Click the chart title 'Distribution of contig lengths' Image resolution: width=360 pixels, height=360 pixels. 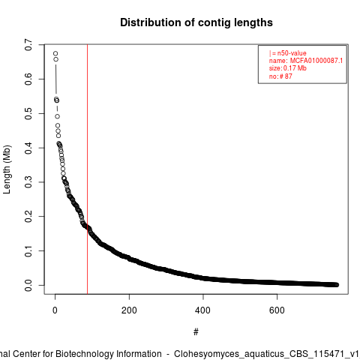pyautogui.click(x=196, y=22)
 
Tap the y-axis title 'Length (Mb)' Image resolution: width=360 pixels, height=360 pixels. pyautogui.click(x=7, y=169)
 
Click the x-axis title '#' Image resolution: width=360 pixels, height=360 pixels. pyautogui.click(x=196, y=332)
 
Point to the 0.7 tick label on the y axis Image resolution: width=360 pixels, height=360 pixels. pyautogui.click(x=28, y=45)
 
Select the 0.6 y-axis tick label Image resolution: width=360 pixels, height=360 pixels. pyautogui.click(x=28, y=79)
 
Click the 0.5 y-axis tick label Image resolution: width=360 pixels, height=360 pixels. pyautogui.click(x=28, y=113)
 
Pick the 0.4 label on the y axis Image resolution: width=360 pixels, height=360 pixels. pyautogui.click(x=28, y=148)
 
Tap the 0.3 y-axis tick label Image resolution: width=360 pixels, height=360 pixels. pyautogui.click(x=28, y=182)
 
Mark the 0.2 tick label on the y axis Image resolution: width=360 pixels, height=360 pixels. pyautogui.click(x=28, y=216)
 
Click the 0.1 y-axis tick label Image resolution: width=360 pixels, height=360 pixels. pyautogui.click(x=28, y=250)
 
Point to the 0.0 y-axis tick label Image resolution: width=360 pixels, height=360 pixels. pyautogui.click(x=28, y=285)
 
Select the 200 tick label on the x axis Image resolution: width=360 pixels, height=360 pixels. pyautogui.click(x=129, y=310)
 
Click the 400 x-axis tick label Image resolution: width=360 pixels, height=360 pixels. pyautogui.click(x=203, y=310)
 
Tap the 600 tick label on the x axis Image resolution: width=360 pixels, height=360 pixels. pyautogui.click(x=277, y=310)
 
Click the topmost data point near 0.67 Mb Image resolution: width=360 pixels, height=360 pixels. pyautogui.click(x=55, y=53)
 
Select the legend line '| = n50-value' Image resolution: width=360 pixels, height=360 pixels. pyautogui.click(x=288, y=53)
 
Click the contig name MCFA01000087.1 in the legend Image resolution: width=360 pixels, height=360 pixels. pyautogui.click(x=316, y=61)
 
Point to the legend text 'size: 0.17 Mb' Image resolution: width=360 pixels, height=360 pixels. pyautogui.click(x=288, y=68)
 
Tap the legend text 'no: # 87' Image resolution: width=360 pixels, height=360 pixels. pyautogui.click(x=280, y=76)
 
